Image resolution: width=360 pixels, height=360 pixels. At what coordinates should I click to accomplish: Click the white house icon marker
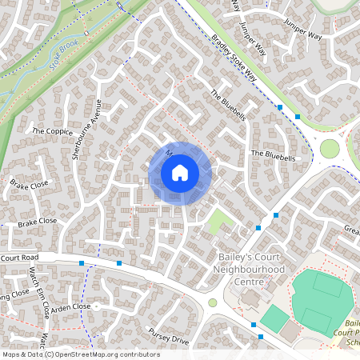[180, 172]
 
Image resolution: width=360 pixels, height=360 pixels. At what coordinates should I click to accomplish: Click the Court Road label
[20, 258]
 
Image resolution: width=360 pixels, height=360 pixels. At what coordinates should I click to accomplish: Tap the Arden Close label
[72, 306]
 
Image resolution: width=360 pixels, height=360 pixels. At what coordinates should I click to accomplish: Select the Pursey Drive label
[168, 334]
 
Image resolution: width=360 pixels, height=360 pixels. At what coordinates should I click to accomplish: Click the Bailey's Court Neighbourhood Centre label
[251, 270]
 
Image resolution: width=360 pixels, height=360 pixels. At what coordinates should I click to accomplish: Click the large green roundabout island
[330, 149]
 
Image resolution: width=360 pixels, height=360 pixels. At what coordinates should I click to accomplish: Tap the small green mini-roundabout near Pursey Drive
[213, 302]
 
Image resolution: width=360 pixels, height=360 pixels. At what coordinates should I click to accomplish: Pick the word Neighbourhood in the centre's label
[251, 270]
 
